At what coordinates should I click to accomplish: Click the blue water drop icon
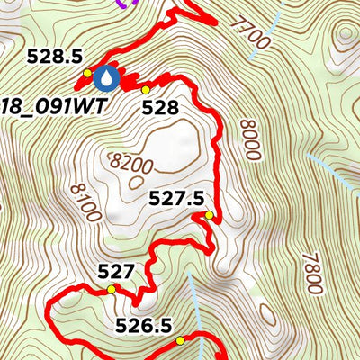point(107,78)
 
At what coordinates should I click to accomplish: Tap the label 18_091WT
point(51,105)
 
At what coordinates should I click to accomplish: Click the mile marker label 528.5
point(55,56)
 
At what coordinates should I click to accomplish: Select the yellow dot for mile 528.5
point(87,73)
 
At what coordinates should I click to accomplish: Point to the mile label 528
point(160,108)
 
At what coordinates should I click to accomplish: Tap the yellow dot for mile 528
point(146,90)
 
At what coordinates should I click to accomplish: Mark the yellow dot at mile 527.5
point(209,215)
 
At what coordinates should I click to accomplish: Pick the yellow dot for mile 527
point(112,289)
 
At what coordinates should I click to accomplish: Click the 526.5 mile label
point(143,326)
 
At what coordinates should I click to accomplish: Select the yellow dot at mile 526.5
point(180,340)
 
